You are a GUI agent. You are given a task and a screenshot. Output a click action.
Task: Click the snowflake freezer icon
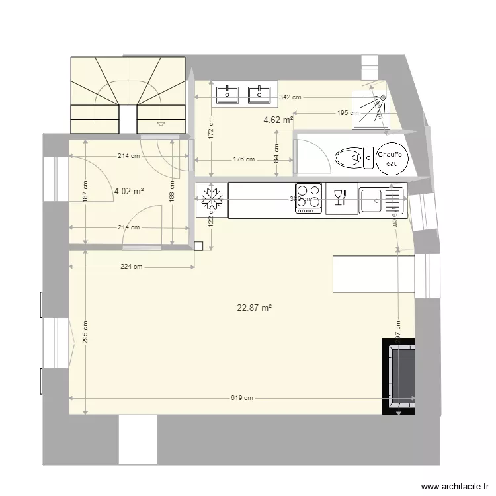click(x=212, y=198)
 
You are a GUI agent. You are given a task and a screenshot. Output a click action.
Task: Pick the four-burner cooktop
click(x=308, y=198)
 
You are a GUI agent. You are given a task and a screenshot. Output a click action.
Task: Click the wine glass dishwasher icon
click(x=341, y=198)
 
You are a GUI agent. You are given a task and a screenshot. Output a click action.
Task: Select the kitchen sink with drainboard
click(x=381, y=199)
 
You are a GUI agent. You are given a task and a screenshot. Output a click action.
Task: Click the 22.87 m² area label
click(x=255, y=308)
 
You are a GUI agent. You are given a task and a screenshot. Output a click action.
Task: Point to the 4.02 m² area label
click(x=129, y=191)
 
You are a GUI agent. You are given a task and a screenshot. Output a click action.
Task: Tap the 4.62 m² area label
click(x=278, y=120)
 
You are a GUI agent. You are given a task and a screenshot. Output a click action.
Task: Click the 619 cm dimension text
click(x=242, y=398)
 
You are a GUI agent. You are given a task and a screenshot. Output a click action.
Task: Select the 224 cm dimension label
click(x=132, y=267)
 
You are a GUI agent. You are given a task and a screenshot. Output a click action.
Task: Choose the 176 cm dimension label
click(x=244, y=159)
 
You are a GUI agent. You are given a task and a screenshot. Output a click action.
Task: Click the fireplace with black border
click(x=399, y=376)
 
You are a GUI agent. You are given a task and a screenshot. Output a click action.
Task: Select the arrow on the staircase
click(x=160, y=123)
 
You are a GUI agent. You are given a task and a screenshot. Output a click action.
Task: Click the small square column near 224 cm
click(x=198, y=246)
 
